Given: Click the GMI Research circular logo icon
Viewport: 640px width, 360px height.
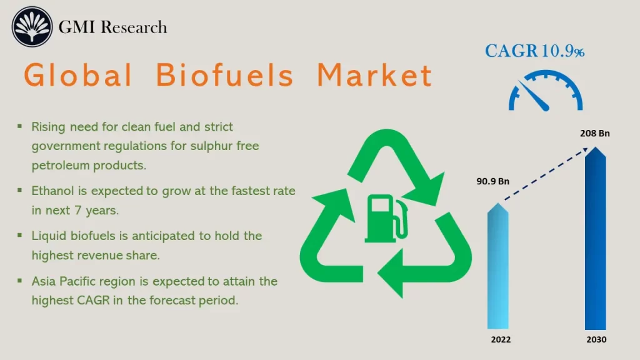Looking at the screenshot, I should [31, 27].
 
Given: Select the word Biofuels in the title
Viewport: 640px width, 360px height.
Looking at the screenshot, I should [224, 76].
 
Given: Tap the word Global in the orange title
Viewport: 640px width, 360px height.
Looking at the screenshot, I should [78, 76].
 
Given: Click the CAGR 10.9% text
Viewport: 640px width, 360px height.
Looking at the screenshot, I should [534, 51].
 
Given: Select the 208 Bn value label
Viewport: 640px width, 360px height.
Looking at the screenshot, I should [594, 133].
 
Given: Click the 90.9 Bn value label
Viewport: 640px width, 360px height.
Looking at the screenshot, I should [493, 182].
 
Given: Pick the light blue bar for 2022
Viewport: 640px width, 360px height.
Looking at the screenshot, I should [498, 269].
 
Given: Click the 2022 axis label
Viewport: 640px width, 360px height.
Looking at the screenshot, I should [500, 339].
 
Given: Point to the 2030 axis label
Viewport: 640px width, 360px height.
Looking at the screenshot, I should [596, 339].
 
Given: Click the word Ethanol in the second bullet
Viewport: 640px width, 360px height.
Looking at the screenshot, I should [53, 190].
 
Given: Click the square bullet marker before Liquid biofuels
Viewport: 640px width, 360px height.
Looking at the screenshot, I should [20, 236].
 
